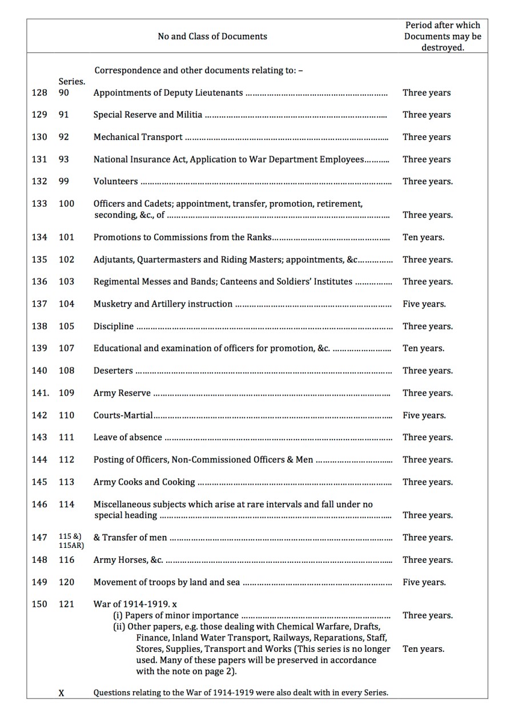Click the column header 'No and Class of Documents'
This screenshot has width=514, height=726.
click(212, 37)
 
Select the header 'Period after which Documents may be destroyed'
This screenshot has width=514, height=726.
click(443, 37)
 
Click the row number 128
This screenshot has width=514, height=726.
click(39, 92)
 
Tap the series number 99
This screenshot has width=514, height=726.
click(63, 181)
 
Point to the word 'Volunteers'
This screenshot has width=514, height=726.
click(115, 181)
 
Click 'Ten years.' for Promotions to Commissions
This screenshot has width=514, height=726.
click(423, 237)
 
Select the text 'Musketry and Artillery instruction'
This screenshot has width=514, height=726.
click(163, 304)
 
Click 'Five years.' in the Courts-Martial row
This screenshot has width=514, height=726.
click(424, 416)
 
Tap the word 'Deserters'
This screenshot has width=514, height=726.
click(113, 371)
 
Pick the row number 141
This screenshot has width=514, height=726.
click(40, 393)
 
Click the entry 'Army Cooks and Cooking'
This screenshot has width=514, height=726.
click(144, 482)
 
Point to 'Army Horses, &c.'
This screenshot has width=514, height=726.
click(128, 560)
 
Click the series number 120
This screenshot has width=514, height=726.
click(66, 582)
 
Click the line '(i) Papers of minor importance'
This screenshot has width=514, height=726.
click(176, 615)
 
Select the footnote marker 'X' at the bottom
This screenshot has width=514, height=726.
click(62, 693)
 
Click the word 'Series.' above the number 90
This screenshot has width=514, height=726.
click(71, 82)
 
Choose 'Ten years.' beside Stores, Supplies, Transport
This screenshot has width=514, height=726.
click(423, 649)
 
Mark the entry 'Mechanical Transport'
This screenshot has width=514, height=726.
click(138, 137)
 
